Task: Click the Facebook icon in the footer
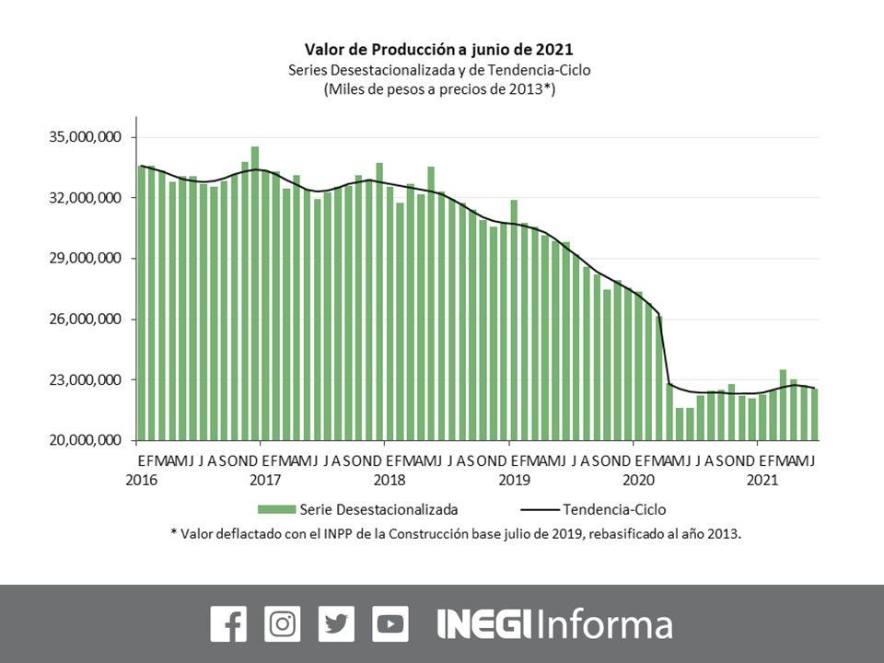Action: point(228,623)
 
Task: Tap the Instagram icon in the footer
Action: point(282,623)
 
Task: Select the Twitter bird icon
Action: point(336,623)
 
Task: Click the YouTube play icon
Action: point(390,623)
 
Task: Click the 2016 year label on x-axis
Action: point(141,480)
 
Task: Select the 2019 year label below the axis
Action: point(513,480)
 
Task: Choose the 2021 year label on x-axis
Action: point(762,480)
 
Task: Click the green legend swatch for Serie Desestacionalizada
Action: point(277,509)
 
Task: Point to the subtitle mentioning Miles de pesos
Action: point(438,89)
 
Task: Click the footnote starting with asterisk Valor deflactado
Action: point(455,533)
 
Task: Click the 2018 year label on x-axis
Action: point(390,480)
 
